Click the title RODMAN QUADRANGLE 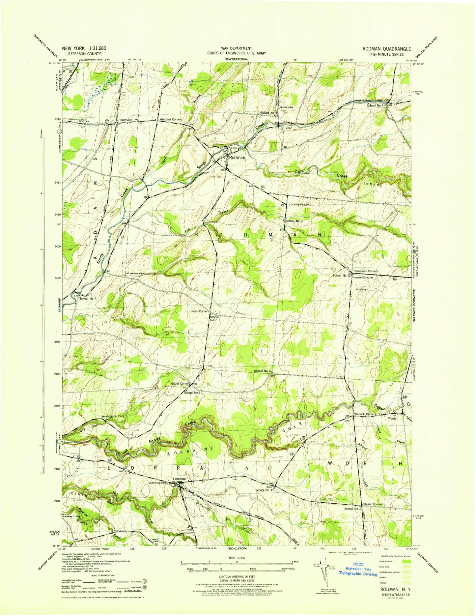click(387, 49)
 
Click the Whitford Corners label click(171, 119)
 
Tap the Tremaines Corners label click(365, 271)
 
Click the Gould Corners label click(180, 384)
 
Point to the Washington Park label click(113, 417)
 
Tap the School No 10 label click(341, 275)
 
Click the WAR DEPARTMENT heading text click(237, 48)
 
